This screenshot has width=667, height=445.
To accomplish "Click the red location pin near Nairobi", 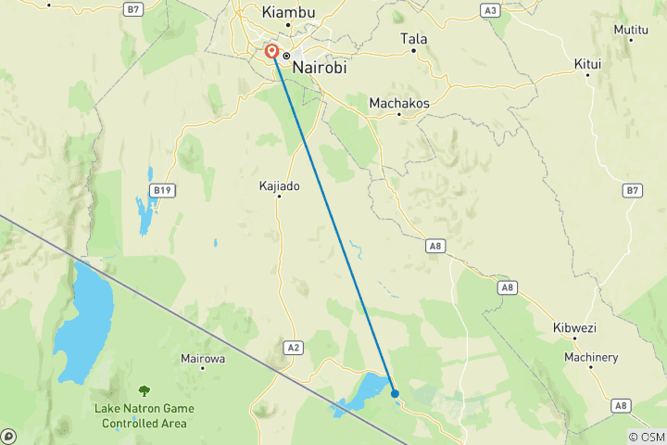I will (x=272, y=53).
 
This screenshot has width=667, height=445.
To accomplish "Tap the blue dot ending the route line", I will (x=396, y=393).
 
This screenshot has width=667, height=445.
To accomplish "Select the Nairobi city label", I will (x=320, y=56).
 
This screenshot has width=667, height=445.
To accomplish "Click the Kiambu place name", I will (x=289, y=12).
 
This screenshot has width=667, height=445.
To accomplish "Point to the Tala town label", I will (x=413, y=39).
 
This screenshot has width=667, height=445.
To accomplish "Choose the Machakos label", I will (x=399, y=103).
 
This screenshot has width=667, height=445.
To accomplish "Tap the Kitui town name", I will (x=588, y=63).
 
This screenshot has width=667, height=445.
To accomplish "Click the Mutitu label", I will (x=631, y=30).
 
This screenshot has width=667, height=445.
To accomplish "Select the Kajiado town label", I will (x=280, y=186).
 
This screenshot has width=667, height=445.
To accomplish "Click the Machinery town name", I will (x=590, y=358).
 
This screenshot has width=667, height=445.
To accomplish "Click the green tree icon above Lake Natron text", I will (x=144, y=392).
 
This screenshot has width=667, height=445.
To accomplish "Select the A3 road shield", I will (x=491, y=10).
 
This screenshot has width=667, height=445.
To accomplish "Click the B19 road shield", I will (x=164, y=191).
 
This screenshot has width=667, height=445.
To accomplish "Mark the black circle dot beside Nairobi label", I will (x=287, y=57).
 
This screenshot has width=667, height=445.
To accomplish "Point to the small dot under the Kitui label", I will (x=588, y=75).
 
